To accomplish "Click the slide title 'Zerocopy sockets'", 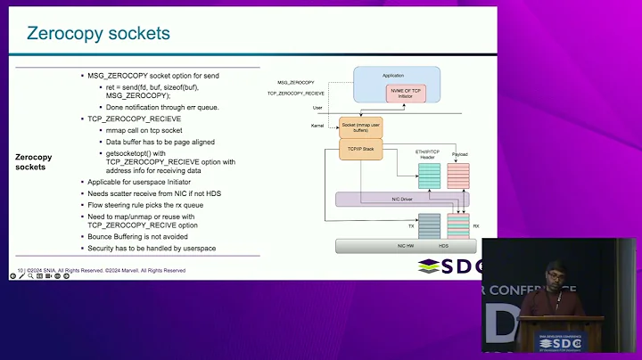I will tap(98, 35).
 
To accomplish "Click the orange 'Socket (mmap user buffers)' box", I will tap(361, 127).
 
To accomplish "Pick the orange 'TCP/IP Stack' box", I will tap(360, 150).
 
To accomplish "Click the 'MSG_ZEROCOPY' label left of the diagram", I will tap(295, 82).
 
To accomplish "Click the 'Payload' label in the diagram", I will tap(459, 154).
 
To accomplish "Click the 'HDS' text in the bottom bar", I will tap(444, 246).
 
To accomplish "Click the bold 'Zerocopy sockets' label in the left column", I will tap(34, 161).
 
